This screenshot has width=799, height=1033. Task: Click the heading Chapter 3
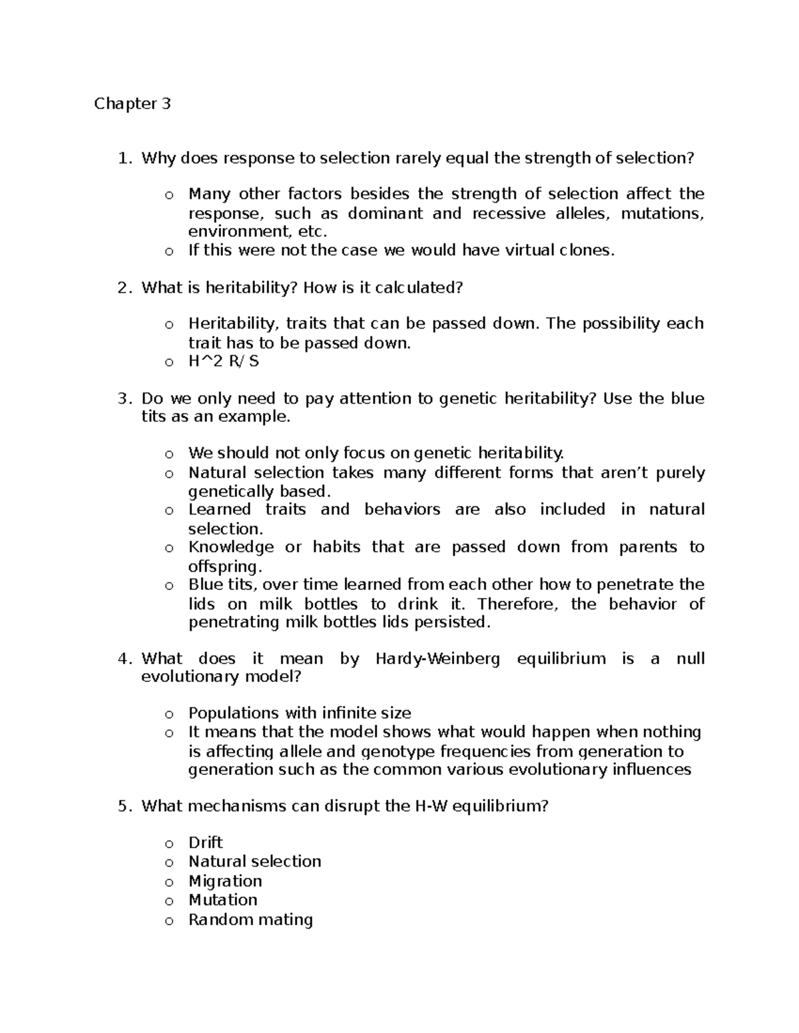pyautogui.click(x=133, y=104)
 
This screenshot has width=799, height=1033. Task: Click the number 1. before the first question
pyautogui.click(x=124, y=158)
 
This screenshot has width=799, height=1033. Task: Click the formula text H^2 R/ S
pyautogui.click(x=224, y=361)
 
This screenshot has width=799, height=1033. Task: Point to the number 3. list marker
pyautogui.click(x=124, y=398)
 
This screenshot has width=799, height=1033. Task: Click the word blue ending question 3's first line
pyautogui.click(x=687, y=398)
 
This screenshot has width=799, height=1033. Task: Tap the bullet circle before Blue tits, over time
pyautogui.click(x=169, y=586)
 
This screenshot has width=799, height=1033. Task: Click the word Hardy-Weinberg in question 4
pyautogui.click(x=437, y=659)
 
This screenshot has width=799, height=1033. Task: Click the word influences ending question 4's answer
pyautogui.click(x=654, y=770)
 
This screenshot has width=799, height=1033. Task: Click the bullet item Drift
pyautogui.click(x=205, y=842)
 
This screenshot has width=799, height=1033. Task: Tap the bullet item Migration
pyautogui.click(x=225, y=881)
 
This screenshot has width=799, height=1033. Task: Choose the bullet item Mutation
pyautogui.click(x=222, y=899)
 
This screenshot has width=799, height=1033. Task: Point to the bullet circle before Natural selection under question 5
pyautogui.click(x=169, y=863)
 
